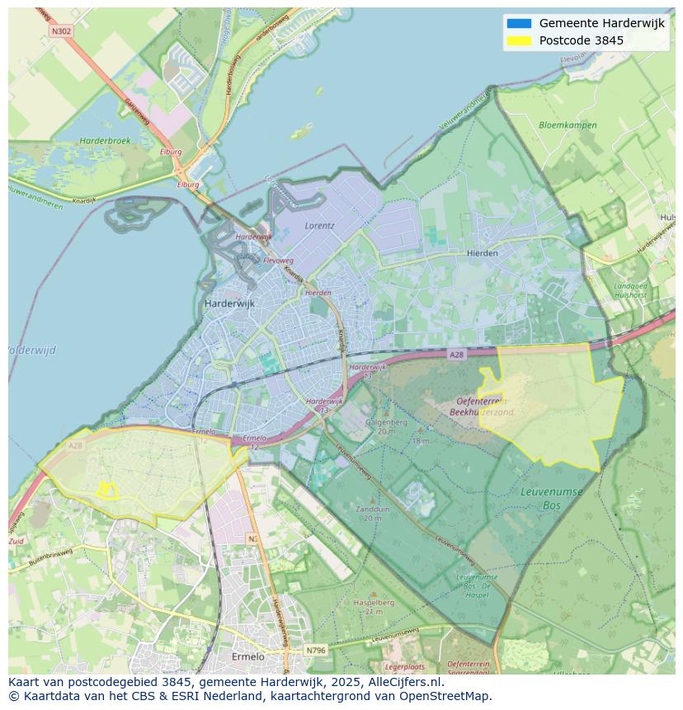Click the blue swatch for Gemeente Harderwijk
519,23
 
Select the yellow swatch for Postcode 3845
519,40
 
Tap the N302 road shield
61,31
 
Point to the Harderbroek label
105,141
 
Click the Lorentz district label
319,224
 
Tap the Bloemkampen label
567,125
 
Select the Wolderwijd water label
31,350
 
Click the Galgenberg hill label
387,422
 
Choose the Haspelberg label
374,603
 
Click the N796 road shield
315,651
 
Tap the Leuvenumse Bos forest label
552,497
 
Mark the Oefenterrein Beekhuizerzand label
486,407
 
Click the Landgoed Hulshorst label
630,290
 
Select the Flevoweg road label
278,261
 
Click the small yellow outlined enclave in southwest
106,491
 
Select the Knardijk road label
84,200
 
